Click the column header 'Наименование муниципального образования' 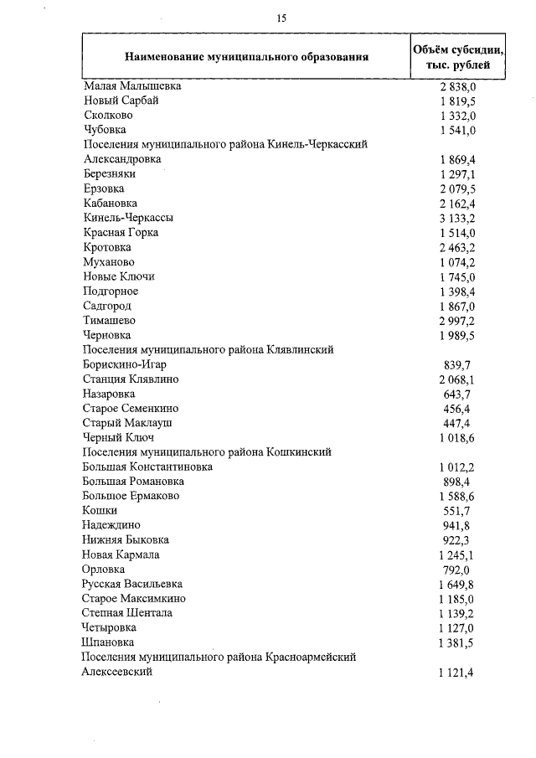coord(246,57)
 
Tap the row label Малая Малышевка coord(132,85)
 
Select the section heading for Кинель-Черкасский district coord(225,144)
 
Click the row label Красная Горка coord(121,232)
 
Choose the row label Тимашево coord(110,320)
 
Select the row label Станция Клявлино coord(131,379)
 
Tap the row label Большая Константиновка coord(147,467)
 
